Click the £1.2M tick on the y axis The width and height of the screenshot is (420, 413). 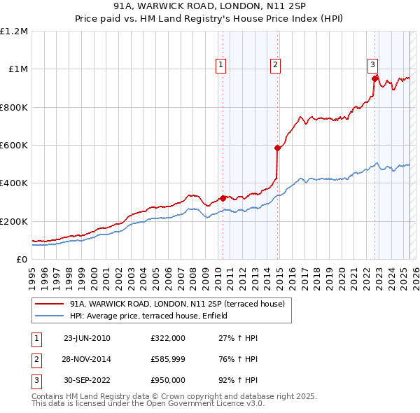[14, 31]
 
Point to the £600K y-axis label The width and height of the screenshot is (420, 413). [14, 146]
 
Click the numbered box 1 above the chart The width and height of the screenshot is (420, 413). [221, 65]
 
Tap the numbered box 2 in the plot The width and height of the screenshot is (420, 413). [276, 65]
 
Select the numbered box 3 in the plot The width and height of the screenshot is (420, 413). [373, 65]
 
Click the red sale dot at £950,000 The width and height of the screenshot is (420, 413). [374, 78]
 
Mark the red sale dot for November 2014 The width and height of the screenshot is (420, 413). [277, 148]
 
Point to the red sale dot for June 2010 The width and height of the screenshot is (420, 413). [223, 198]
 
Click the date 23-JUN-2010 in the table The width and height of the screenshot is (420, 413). [87, 338]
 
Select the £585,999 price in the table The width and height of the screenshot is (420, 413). [167, 359]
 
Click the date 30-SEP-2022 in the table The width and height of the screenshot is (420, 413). [87, 380]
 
